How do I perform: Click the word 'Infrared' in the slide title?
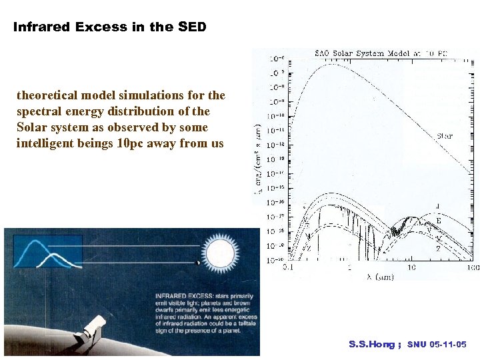click(42, 27)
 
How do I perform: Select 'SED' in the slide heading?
click(192, 27)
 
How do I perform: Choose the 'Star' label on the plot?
click(445, 136)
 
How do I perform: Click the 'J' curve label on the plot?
click(437, 206)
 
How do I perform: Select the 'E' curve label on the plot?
click(438, 221)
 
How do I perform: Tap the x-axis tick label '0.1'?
click(287, 267)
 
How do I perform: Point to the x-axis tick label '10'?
click(411, 267)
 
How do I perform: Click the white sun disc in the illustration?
click(221, 254)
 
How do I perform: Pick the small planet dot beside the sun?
click(197, 262)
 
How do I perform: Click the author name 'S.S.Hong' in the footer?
click(371, 345)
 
